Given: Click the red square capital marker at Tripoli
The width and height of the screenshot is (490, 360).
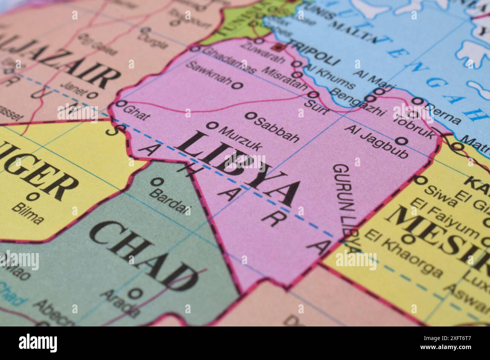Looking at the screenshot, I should point(279,47).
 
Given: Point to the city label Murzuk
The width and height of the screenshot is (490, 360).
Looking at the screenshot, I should point(239,139).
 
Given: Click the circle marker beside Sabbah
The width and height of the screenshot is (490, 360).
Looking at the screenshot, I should point(249,116).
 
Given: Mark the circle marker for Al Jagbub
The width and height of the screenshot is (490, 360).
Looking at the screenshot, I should point(402,141).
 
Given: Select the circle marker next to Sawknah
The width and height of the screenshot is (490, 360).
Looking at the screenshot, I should point(237,85).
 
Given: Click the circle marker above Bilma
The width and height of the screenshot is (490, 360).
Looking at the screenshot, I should point(33,196).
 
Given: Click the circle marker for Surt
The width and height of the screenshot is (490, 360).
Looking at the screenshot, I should point(313,95).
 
